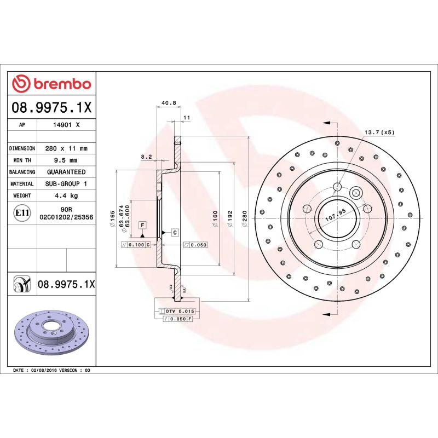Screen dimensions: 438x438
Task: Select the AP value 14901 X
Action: tap(66, 125)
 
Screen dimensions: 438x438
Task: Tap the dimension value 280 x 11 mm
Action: tap(66, 148)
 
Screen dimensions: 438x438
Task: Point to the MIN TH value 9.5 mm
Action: tap(66, 160)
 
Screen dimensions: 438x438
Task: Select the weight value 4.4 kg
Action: tap(66, 195)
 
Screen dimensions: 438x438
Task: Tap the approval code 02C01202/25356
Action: tap(66, 217)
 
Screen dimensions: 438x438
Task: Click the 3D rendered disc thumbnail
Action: tap(52, 334)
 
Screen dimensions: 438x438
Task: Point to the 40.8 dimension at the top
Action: tap(169, 102)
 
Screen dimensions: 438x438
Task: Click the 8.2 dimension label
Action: tap(146, 157)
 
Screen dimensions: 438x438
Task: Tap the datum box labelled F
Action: tap(142, 225)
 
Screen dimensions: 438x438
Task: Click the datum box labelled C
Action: tap(175, 232)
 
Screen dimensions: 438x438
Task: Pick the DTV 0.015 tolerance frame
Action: tap(176, 312)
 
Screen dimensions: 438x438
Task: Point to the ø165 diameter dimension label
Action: tap(112, 218)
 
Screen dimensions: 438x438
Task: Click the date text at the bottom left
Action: tap(51, 371)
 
